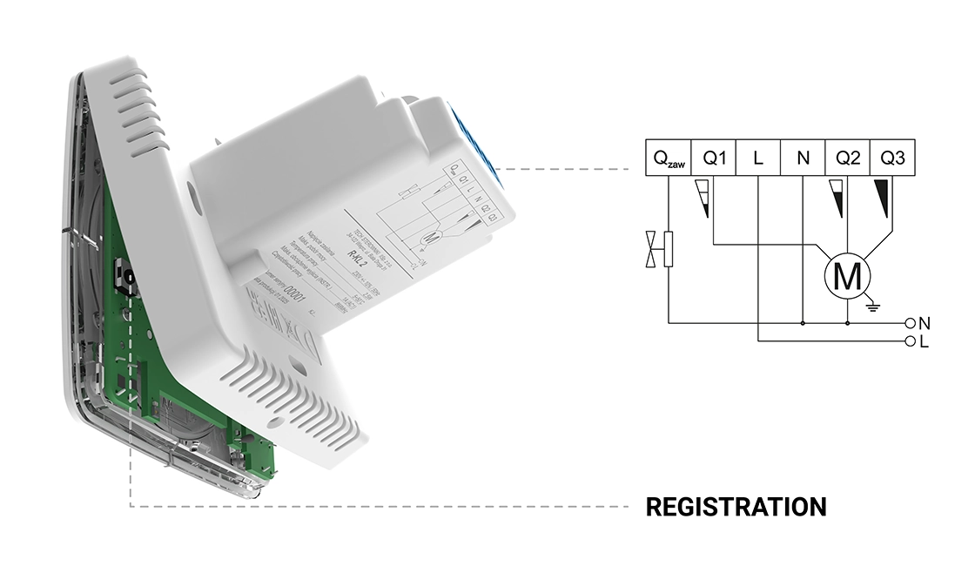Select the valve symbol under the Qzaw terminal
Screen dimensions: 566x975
coord(659,248)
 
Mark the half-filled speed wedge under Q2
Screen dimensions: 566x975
coord(838,198)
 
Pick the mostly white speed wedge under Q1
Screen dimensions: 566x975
coord(705,198)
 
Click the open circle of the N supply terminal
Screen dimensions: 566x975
coord(911,322)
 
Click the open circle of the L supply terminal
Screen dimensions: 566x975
coord(911,340)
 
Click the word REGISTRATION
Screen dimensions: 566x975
coord(736,506)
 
